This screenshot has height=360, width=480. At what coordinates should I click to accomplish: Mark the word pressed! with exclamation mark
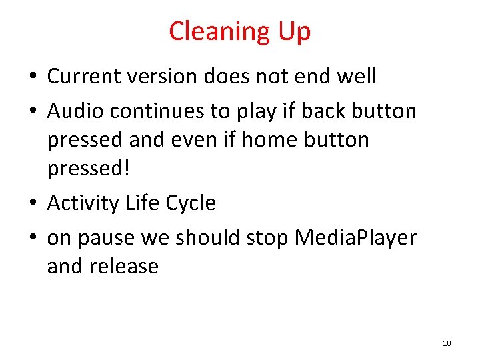(x=89, y=169)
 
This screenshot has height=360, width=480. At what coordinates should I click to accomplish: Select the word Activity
(x=83, y=203)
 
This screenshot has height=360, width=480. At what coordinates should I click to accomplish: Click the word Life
(x=139, y=203)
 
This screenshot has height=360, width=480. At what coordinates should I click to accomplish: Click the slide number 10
(x=447, y=343)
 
